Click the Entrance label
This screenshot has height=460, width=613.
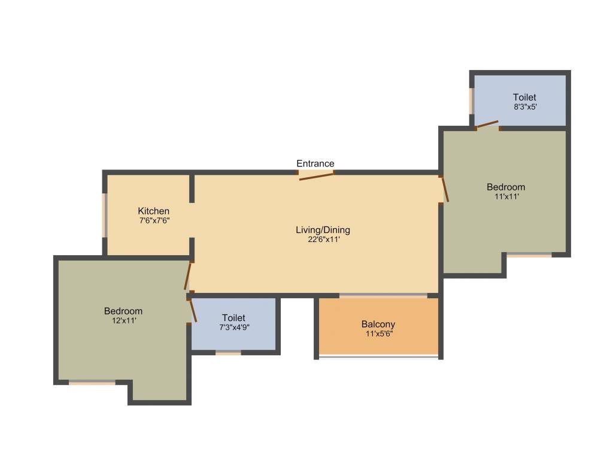coord(315,164)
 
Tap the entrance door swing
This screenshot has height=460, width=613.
coord(317,175)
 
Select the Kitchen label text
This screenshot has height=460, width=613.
coord(154,211)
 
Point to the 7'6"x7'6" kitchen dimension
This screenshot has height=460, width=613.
coord(154,220)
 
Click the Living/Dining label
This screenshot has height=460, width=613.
coord(323,229)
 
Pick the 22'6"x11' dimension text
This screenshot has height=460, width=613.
coord(323,239)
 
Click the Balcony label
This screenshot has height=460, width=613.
coord(378,324)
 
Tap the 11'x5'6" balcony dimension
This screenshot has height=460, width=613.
coord(378,334)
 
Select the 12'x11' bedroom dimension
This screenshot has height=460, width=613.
coord(123,320)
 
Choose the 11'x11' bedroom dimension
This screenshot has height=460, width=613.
coord(506,196)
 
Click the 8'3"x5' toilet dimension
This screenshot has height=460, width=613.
coord(524,107)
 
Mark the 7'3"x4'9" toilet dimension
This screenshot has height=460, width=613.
coord(233,327)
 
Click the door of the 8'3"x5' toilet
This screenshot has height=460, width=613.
coord(487,125)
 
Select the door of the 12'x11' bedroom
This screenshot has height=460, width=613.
coord(187,276)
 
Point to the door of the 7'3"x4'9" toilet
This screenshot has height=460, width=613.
coord(193,311)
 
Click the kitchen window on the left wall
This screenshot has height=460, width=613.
coord(105,215)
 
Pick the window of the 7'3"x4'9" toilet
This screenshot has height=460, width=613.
coord(228,353)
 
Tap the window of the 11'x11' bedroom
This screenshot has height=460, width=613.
coord(529,255)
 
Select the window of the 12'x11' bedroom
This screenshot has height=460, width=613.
coord(92,382)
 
